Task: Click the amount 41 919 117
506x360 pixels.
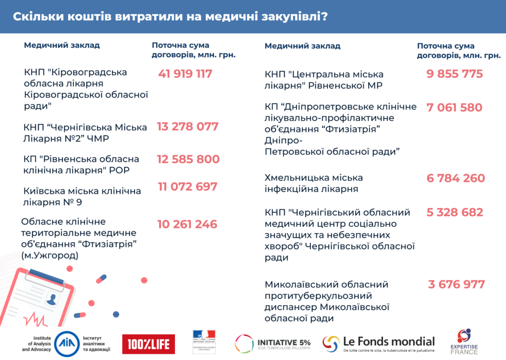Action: point(185,74)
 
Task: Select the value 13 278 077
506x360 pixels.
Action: point(188,127)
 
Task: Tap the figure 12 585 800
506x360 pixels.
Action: point(188,160)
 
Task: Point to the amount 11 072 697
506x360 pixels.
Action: point(188,187)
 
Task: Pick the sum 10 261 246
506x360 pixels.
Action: point(187,225)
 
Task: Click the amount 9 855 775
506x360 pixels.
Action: point(455,74)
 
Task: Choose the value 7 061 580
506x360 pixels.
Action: point(455,107)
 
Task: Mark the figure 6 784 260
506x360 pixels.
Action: point(456,178)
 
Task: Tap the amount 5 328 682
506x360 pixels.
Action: point(455,213)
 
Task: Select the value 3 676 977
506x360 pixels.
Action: point(457,285)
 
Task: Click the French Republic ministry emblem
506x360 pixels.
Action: point(204,342)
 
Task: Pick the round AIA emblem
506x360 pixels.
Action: point(65,343)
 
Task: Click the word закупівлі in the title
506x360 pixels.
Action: point(294,17)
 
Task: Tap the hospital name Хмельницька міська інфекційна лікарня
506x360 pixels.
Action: point(314,183)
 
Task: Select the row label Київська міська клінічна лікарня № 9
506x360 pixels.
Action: point(82,196)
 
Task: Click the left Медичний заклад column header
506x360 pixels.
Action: point(62,45)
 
